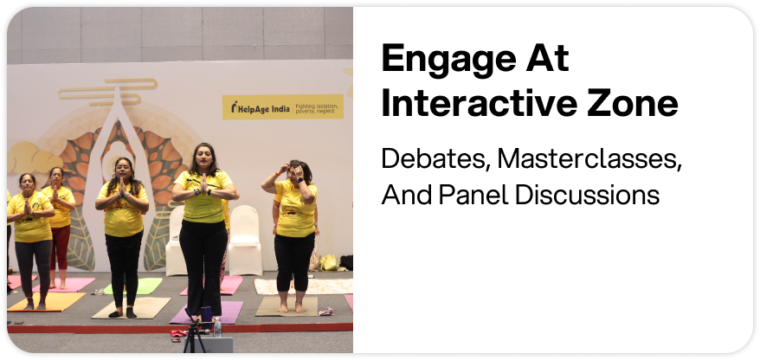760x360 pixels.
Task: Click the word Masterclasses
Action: (x=589, y=159)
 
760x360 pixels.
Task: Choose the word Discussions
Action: (x=587, y=195)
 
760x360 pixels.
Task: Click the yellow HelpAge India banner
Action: (x=282, y=107)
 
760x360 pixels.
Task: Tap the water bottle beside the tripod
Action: (x=217, y=327)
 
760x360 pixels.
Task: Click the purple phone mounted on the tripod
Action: (x=206, y=313)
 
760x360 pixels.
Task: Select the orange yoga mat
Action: (x=47, y=301)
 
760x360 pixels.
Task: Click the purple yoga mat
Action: (x=207, y=312)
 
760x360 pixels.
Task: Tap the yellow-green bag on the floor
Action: (x=329, y=262)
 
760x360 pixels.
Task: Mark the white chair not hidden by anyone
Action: (x=245, y=241)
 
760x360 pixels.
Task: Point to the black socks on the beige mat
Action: (x=123, y=312)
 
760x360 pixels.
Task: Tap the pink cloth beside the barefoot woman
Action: (x=325, y=312)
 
